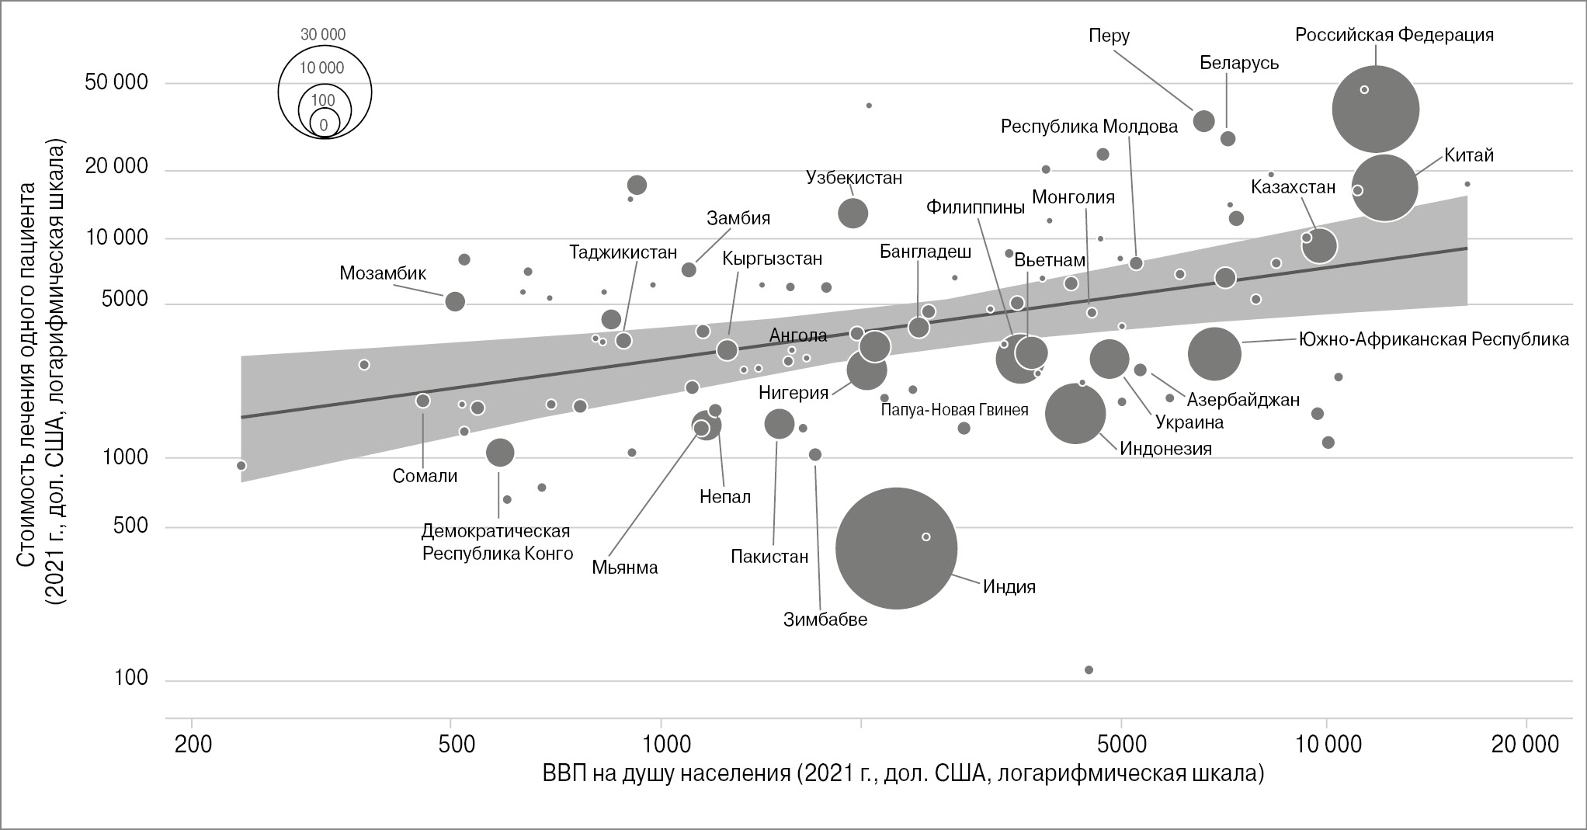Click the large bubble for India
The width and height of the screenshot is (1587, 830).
896,548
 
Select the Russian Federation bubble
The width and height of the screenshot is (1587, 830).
1375,109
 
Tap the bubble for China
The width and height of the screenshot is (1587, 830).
1384,188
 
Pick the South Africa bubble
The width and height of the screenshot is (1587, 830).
1214,354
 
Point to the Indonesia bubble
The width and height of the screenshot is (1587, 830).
1075,414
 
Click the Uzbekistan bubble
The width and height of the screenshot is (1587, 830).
853,214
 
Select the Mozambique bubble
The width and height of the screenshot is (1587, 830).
455,301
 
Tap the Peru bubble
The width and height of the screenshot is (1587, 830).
1203,121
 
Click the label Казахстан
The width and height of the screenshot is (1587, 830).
1293,187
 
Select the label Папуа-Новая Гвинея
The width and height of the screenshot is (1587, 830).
954,410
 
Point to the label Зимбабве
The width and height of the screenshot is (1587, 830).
825,620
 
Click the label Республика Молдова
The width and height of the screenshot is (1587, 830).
1089,126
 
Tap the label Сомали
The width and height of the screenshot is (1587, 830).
425,476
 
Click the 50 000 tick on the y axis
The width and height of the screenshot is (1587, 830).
116,82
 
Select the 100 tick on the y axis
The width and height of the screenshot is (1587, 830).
130,678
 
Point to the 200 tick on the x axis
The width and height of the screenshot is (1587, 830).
193,744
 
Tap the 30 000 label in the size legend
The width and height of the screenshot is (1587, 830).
323,35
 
